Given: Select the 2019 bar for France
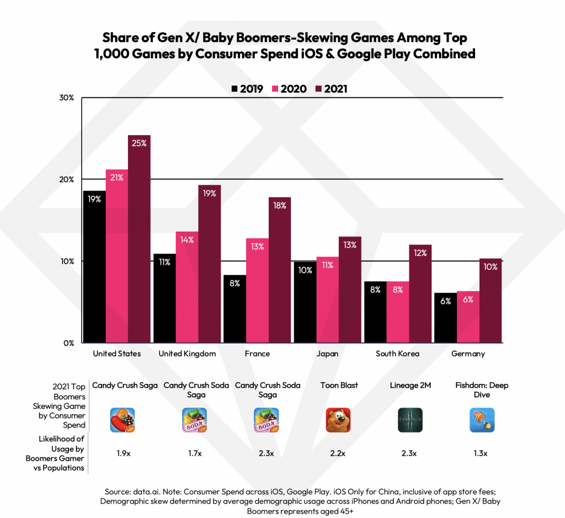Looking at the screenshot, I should pyautogui.click(x=234, y=308).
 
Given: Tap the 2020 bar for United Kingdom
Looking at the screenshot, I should pyautogui.click(x=187, y=287).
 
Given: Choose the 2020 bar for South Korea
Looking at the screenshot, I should pyautogui.click(x=398, y=312).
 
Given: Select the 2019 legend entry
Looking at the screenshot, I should pyautogui.click(x=247, y=89).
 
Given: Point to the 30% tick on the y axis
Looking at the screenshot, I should pyautogui.click(x=67, y=98).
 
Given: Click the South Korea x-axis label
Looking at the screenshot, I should pyautogui.click(x=397, y=354).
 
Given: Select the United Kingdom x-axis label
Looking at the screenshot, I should pyautogui.click(x=187, y=354).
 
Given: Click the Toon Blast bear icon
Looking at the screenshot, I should pyautogui.click(x=338, y=420).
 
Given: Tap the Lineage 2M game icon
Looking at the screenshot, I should pyautogui.click(x=410, y=420).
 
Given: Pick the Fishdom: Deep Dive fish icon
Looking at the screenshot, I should pyautogui.click(x=482, y=420).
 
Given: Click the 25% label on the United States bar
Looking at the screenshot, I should pyautogui.click(x=139, y=143).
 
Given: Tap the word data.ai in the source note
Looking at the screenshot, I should pyautogui.click(x=143, y=492).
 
